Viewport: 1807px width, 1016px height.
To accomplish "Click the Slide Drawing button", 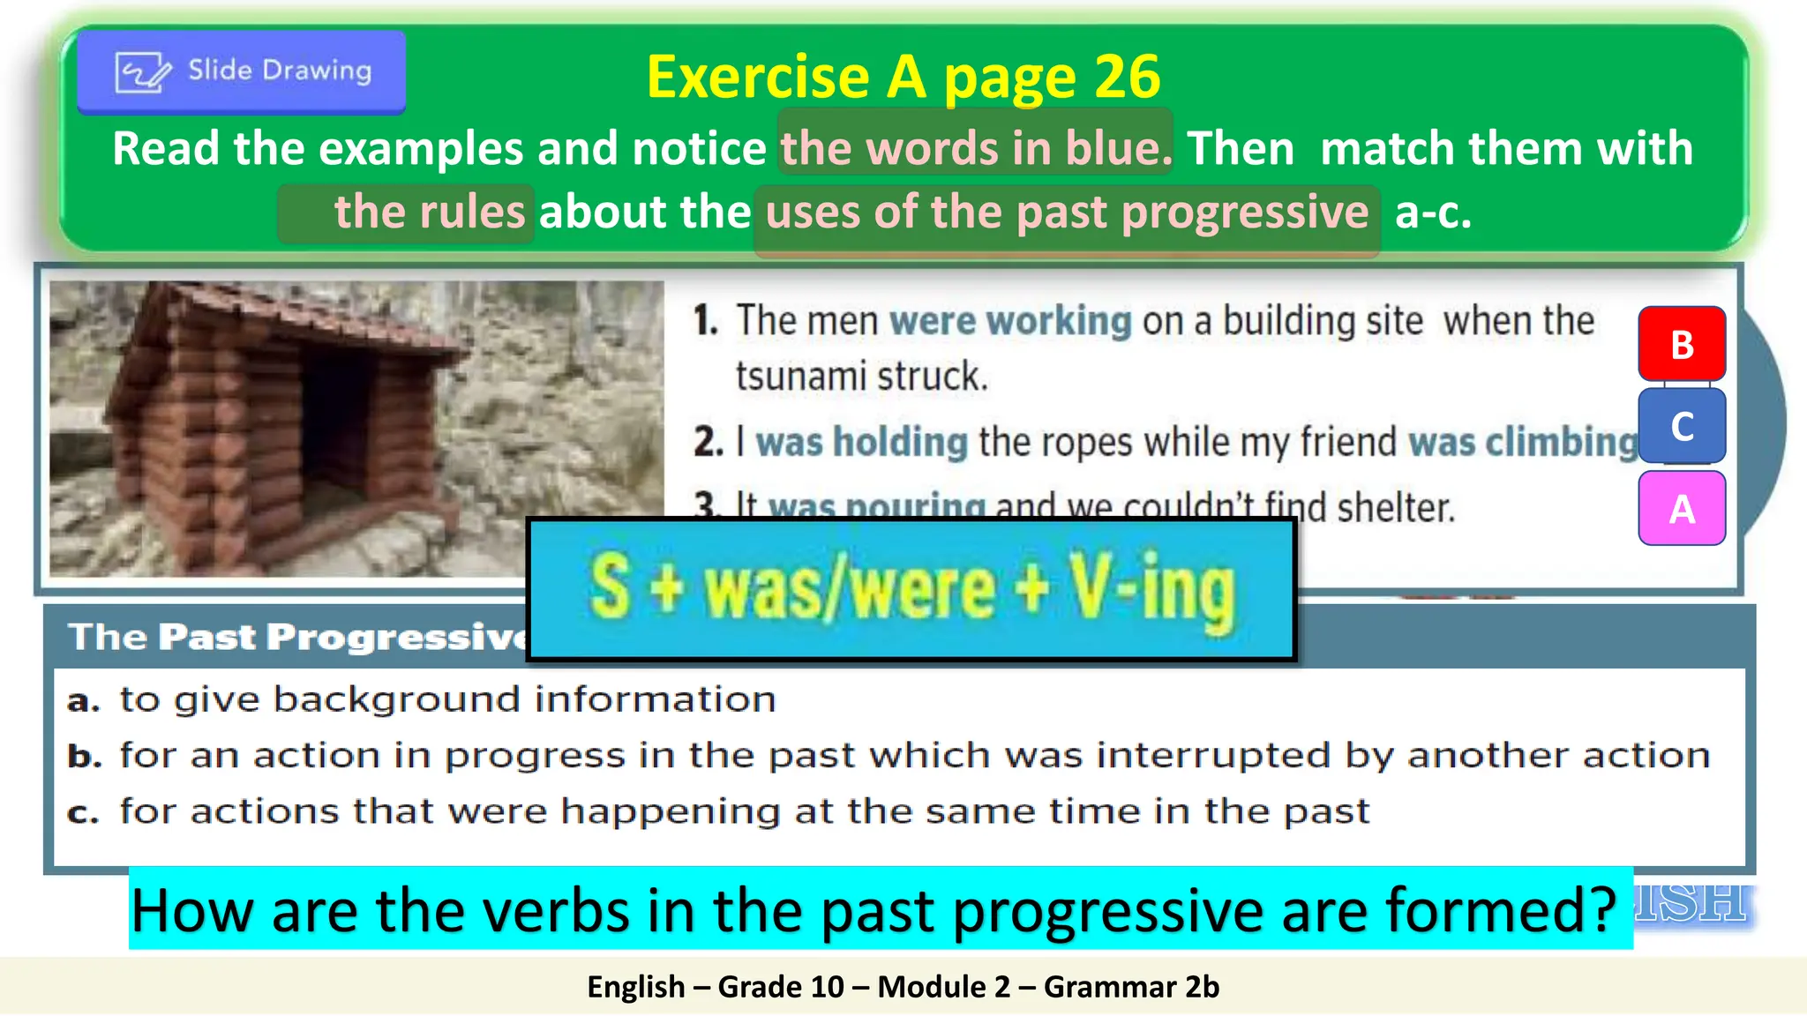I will [241, 71].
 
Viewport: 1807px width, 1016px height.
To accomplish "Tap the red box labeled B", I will [1682, 344].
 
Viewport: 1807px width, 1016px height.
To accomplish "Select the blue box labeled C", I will [1682, 426].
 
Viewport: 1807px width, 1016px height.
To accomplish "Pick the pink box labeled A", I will [1682, 509].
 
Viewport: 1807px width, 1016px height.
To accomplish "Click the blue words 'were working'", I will [1009, 321].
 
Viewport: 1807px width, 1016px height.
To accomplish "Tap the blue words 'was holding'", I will [861, 442].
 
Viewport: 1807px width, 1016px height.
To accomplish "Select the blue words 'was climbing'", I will [1521, 442].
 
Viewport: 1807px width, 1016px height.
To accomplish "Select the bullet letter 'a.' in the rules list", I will [84, 700].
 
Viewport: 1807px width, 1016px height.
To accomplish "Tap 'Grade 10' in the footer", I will [780, 987].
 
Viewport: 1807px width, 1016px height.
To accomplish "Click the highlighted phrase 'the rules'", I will [429, 213].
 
